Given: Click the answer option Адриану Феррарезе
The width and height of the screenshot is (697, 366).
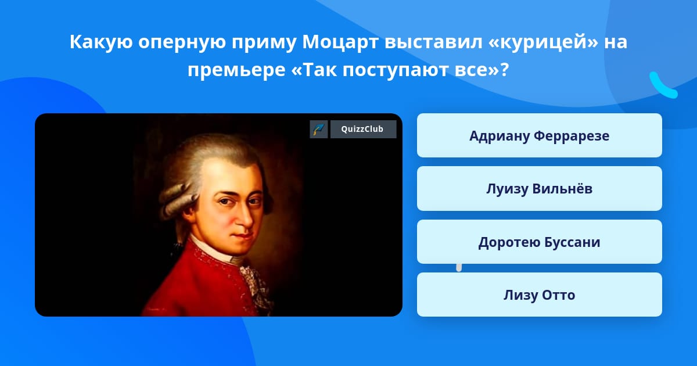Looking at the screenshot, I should click(539, 135).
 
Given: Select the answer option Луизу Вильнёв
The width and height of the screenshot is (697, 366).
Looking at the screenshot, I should click(539, 189).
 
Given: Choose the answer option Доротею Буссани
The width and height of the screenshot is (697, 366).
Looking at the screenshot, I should click(539, 242).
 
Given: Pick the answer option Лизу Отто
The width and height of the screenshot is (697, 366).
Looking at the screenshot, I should click(539, 295).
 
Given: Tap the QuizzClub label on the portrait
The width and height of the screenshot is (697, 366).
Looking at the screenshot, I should click(363, 129).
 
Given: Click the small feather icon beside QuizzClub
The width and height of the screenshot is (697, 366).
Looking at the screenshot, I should click(319, 129).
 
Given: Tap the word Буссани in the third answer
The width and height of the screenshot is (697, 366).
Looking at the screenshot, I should click(572, 242).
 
